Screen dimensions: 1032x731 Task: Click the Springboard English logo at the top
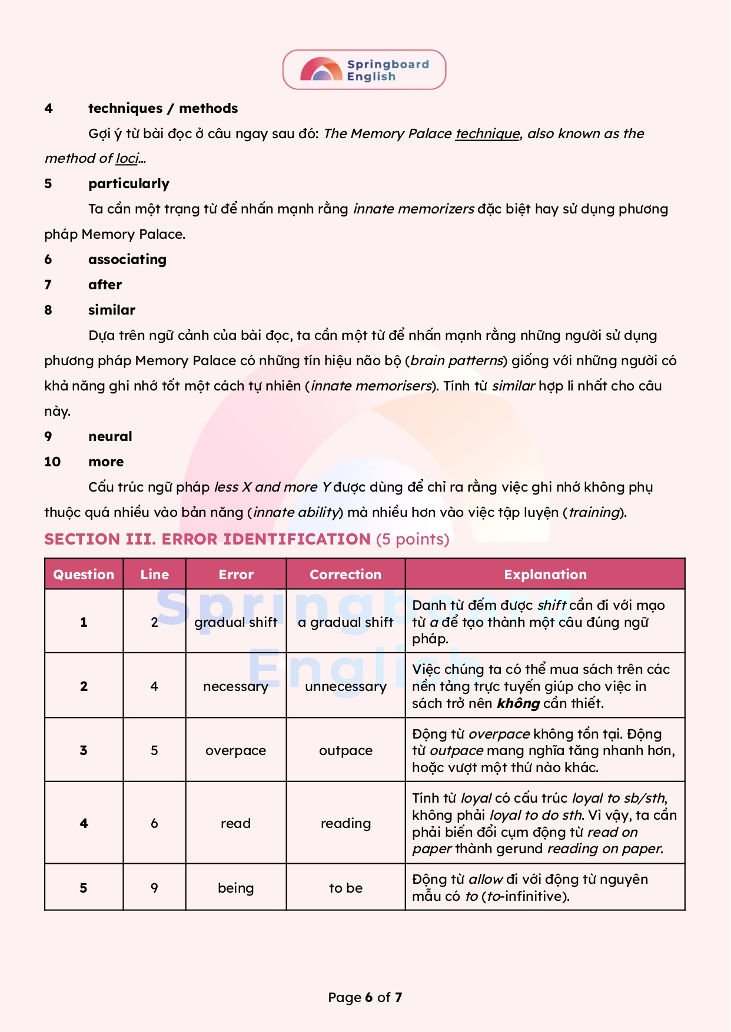(364, 70)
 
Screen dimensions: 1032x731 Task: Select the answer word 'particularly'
(128, 184)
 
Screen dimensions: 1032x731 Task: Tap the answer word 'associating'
(127, 260)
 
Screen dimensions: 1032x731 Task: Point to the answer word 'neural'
(110, 437)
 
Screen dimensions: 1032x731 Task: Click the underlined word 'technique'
(487, 134)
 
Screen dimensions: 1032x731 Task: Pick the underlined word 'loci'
(127, 159)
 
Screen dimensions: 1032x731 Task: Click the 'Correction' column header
(345, 575)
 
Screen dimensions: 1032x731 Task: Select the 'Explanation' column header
(545, 575)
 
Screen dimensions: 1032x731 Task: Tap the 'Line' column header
(154, 575)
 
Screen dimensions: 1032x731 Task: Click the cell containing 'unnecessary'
(345, 686)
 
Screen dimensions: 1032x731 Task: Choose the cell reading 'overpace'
(235, 750)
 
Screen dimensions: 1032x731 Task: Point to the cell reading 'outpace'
(345, 750)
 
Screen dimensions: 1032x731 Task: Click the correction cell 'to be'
(345, 888)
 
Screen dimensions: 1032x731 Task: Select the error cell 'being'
(235, 888)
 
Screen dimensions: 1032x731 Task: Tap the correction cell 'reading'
(345, 823)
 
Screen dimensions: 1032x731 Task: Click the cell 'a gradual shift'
(345, 622)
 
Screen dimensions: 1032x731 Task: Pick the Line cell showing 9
(154, 888)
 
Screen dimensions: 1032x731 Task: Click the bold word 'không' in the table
(518, 704)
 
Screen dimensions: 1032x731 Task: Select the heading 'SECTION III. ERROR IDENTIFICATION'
(207, 539)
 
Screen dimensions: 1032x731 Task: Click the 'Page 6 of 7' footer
(365, 997)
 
